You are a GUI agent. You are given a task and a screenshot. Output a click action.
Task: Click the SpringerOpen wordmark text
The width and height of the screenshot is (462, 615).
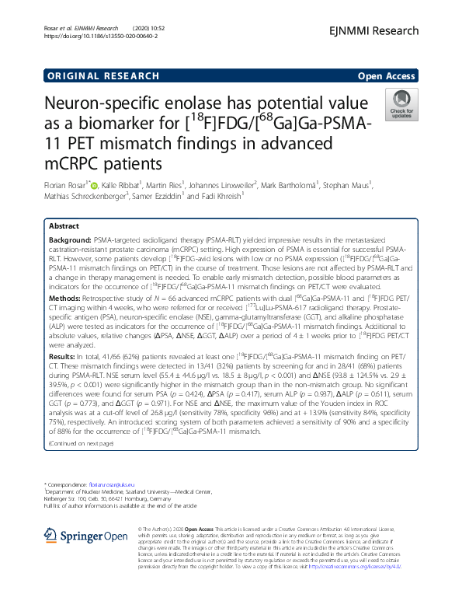pyautogui.click(x=92, y=535)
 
